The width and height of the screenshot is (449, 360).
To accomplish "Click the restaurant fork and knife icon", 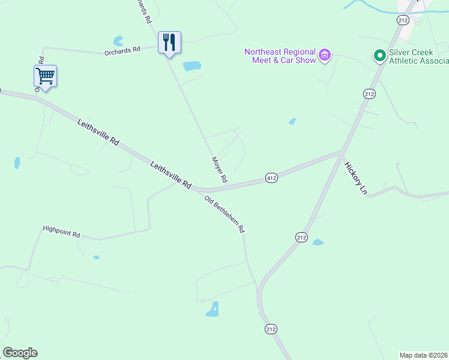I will [169, 42].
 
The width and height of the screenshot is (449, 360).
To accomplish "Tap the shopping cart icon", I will [45, 76].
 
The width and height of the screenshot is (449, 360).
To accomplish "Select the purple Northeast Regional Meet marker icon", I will [325, 56].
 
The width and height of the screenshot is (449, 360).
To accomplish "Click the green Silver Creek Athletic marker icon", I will [379, 56].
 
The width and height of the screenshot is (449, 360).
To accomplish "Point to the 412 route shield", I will [271, 178].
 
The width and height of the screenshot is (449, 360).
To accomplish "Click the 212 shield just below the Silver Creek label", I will [369, 94].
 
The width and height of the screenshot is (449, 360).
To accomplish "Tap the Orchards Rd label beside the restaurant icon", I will [122, 50].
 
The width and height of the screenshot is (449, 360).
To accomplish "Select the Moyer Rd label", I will [219, 170].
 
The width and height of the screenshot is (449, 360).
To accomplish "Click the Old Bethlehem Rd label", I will [224, 214].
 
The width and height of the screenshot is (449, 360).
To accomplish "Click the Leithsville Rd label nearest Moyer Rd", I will [170, 175].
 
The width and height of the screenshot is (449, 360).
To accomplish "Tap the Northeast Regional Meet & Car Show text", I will [280, 56].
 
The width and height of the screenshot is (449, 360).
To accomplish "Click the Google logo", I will [20, 353].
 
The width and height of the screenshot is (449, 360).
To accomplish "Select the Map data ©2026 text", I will [424, 355].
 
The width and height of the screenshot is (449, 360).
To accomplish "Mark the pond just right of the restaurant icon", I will [191, 66].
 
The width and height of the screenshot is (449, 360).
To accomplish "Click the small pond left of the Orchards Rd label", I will [118, 41].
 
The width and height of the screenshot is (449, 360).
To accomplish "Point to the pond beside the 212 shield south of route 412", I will [318, 242].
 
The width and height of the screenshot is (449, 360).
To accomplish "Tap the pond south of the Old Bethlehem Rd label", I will [212, 310].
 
